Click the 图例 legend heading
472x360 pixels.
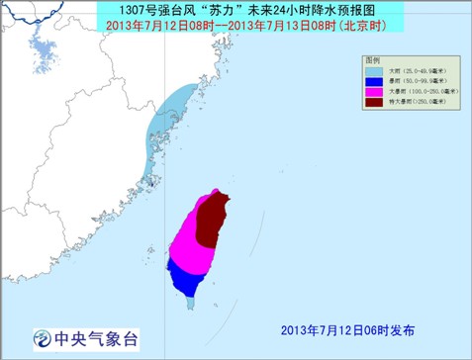[373, 60]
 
